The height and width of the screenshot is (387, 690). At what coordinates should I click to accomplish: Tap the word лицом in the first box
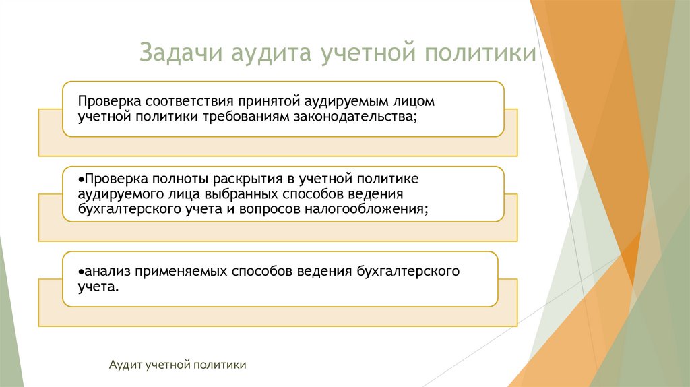(415, 102)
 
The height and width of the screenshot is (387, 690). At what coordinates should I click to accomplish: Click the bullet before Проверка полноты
(80, 179)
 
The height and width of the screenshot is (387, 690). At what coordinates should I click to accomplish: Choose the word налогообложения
(370, 209)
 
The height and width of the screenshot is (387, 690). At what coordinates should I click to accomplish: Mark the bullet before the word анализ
(80, 272)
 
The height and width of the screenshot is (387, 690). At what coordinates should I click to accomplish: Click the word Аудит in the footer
(125, 365)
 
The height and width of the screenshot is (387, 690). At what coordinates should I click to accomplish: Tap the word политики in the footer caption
(221, 365)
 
